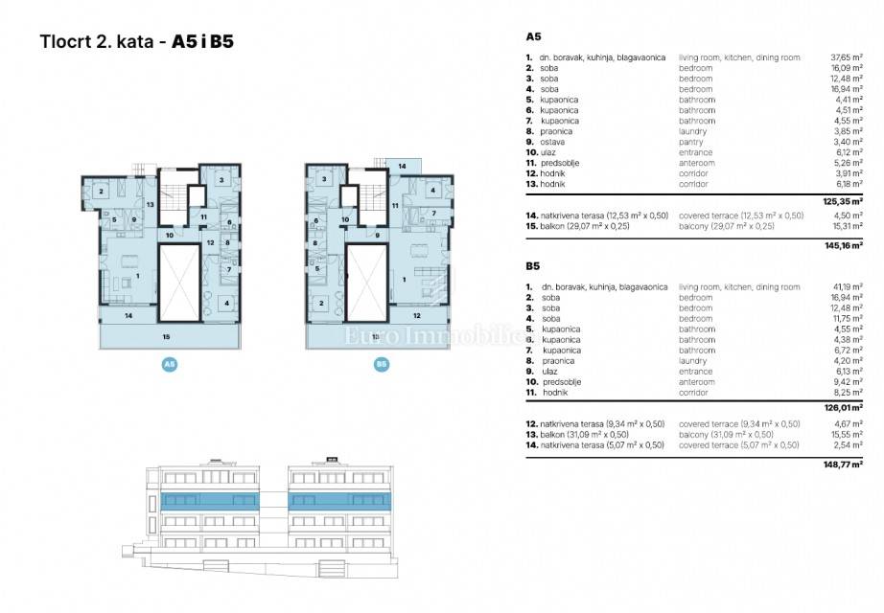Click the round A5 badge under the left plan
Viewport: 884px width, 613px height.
(169, 364)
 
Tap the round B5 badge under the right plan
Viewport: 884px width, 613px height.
(381, 364)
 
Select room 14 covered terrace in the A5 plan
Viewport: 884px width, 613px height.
(128, 314)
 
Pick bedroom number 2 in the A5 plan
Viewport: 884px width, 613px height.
(102, 190)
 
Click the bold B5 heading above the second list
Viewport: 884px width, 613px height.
(534, 265)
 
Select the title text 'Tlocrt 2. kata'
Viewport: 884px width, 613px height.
(94, 42)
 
